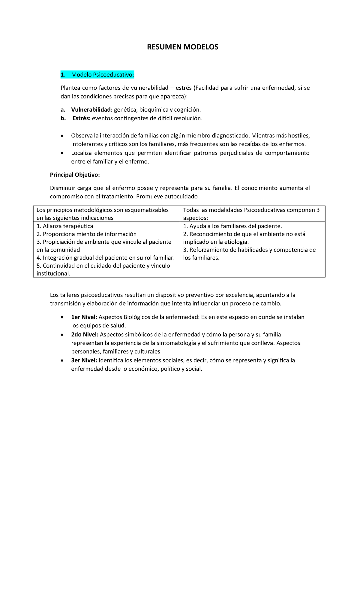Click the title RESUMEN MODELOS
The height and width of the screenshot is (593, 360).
pos(182,47)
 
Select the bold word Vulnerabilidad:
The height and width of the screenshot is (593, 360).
pos(91,110)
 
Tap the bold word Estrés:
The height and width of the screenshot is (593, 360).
pos(81,118)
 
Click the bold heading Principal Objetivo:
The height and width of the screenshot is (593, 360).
pos(75,175)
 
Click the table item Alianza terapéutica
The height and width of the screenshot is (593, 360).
pos(68,226)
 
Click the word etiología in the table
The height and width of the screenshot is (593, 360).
pos(236,242)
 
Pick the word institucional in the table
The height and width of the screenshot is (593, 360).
pos(53,273)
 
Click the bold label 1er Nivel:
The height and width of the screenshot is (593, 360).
pos(84,317)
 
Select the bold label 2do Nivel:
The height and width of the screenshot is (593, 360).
pos(85,334)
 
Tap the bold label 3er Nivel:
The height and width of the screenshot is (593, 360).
pos(84,360)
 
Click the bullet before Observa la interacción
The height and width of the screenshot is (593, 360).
pos(62,136)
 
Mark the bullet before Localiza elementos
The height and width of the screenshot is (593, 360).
pos(62,153)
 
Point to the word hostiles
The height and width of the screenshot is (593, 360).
pos(298,136)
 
